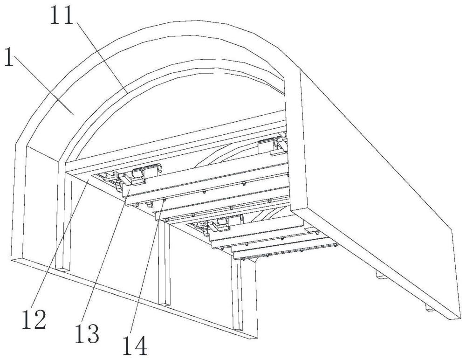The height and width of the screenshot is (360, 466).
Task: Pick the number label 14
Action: tap(135, 346)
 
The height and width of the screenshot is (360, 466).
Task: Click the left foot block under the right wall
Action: tap(382, 276)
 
